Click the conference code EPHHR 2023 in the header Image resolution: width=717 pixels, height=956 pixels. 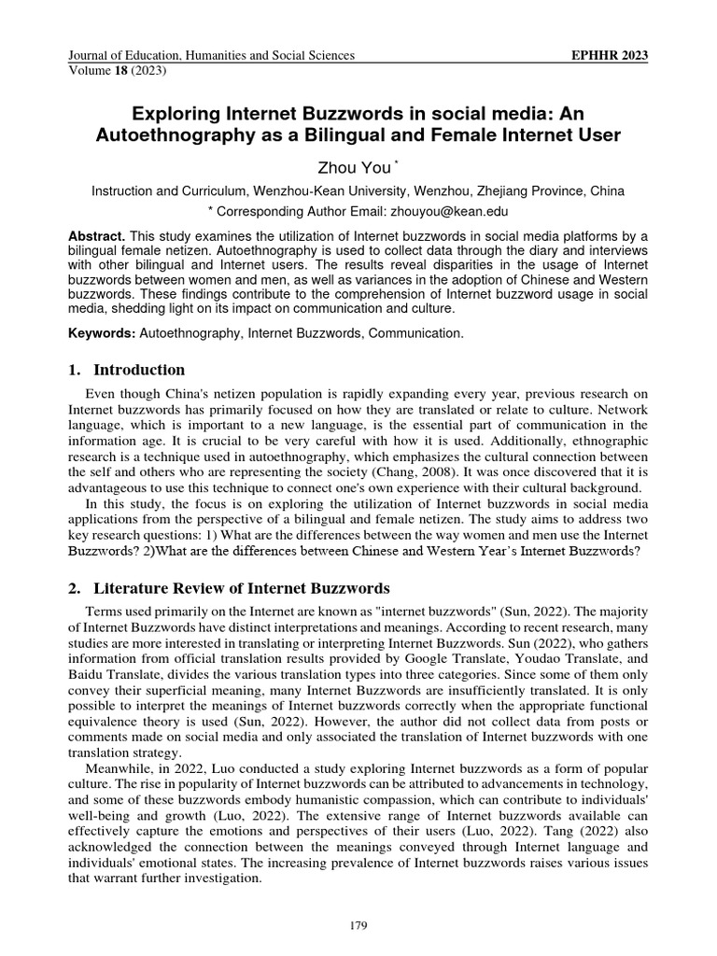(x=609, y=56)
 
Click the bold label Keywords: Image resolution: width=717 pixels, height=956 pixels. (x=98, y=332)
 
